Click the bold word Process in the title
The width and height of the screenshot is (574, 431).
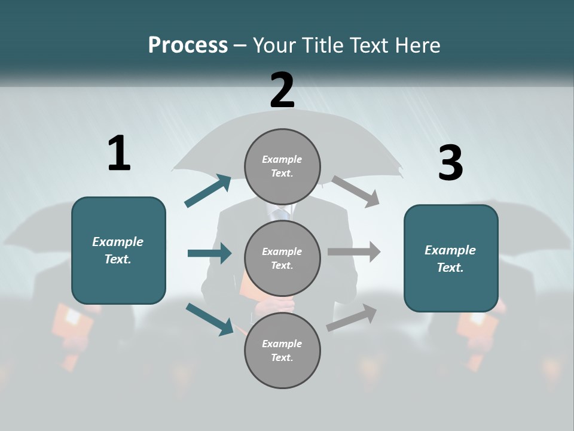tap(188, 45)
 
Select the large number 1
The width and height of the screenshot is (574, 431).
tap(118, 153)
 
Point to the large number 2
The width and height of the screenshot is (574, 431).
tap(282, 90)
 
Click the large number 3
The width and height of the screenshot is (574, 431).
tap(450, 163)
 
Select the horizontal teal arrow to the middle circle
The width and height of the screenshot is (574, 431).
tap(209, 253)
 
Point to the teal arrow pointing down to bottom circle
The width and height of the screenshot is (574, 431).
tap(210, 319)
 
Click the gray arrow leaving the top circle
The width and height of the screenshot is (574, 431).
tap(355, 191)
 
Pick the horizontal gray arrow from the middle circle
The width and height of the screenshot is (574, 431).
tap(353, 252)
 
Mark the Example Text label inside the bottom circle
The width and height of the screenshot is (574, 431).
tap(282, 351)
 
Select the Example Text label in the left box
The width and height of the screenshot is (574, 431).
tap(118, 250)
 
